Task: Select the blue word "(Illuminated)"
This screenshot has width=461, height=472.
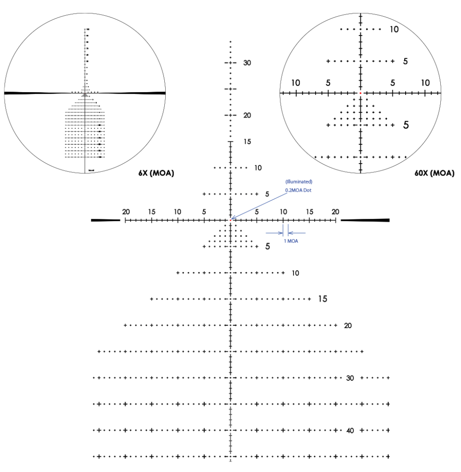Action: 299,182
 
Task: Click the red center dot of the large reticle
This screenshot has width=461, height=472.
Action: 230,220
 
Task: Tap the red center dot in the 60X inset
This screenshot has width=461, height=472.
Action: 360,93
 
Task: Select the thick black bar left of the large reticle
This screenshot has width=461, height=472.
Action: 105,220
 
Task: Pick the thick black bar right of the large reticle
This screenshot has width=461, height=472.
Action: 365,220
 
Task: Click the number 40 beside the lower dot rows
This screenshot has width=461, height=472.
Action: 350,431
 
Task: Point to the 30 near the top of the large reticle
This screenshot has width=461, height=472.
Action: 247,63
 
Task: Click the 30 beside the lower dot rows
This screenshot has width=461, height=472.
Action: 350,378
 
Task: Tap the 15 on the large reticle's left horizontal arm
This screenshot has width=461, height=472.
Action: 151,212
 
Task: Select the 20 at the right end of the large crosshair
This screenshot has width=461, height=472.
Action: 335,212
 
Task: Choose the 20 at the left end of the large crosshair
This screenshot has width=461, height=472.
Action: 126,212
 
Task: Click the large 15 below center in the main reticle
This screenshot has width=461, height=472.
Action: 323,299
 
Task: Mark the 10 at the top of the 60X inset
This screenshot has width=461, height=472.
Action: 394,29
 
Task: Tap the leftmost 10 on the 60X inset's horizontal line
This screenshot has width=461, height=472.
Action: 295,83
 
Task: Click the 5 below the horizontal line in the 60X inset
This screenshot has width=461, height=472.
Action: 406,124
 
